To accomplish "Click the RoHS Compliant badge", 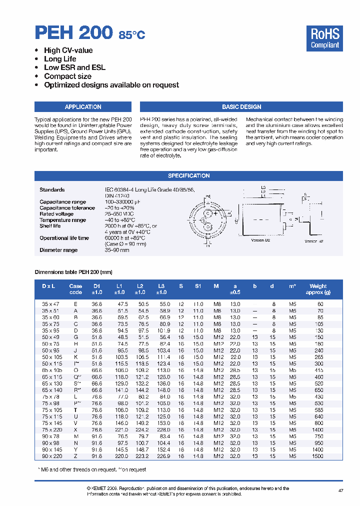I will point(324,38).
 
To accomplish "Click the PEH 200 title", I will point(73,32).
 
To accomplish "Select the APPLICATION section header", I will point(83,107).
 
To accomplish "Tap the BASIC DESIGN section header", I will point(241,107).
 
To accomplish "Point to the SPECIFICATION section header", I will point(188,176).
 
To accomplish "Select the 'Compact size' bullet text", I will point(67,76).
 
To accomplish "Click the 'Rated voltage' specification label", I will point(56,214).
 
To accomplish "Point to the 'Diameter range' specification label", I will point(58,250).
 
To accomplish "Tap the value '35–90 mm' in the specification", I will point(116,250).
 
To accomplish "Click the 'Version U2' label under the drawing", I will point(260,240).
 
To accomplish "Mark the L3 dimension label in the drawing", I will point(263,187).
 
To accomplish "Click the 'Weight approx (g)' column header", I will point(318,289).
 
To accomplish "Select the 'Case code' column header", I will point(75,289).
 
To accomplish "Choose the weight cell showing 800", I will point(318,423).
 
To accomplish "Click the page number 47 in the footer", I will point(340,491).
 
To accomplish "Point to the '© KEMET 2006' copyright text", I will point(106,488).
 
